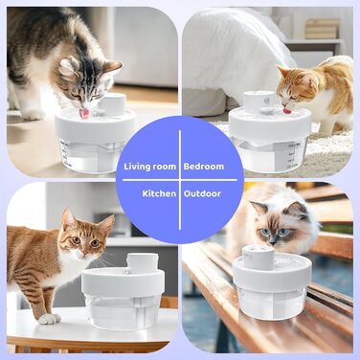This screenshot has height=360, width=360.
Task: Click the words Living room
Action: (x=149, y=167)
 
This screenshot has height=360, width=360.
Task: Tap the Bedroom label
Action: (x=204, y=167)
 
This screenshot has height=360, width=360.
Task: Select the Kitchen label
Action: (x=159, y=193)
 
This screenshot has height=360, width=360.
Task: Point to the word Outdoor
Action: (x=202, y=193)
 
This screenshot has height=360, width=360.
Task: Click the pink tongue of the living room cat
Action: (x=85, y=113)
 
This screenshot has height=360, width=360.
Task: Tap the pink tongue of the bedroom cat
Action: (x=287, y=111)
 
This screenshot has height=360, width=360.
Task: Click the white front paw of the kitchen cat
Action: (x=49, y=319)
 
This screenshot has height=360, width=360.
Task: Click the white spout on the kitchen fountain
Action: (x=143, y=262)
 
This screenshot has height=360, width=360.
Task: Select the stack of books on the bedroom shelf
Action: (x=323, y=29)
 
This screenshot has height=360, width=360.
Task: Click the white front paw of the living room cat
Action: (x=34, y=115)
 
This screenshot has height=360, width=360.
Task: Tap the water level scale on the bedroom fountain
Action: (x=294, y=155)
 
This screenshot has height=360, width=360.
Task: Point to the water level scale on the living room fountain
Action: (x=66, y=153)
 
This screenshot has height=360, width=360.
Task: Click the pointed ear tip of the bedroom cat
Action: (x=278, y=66)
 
